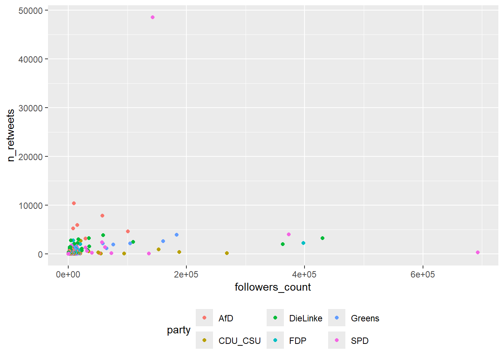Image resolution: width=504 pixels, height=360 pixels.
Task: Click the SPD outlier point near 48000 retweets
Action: (x=153, y=17)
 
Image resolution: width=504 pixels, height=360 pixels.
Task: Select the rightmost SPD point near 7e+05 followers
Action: (x=478, y=252)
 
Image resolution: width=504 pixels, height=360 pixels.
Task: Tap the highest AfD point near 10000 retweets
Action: (x=74, y=203)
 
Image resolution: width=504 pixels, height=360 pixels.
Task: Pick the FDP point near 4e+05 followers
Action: (x=303, y=243)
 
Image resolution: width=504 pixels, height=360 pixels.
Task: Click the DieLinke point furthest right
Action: (x=322, y=238)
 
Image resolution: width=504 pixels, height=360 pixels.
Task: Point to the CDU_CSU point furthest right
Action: (x=227, y=253)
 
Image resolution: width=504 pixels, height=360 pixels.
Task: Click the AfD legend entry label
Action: (x=226, y=318)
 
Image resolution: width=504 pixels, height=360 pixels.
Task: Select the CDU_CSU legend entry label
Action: (x=239, y=341)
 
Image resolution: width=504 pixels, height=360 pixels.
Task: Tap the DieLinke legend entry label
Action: (x=306, y=318)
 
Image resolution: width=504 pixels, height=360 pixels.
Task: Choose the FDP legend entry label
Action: (x=298, y=341)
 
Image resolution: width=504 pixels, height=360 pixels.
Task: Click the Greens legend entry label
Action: (x=365, y=318)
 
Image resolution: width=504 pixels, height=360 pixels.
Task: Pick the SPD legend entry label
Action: (x=360, y=341)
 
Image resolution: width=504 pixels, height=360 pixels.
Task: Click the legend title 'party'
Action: (x=178, y=330)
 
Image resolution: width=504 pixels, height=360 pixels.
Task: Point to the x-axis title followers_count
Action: (x=273, y=287)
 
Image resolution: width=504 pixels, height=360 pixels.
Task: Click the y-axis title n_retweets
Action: (x=11, y=135)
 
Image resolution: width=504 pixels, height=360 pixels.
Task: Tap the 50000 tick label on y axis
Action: (x=30, y=11)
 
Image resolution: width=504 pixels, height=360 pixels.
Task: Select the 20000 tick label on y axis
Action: (x=30, y=157)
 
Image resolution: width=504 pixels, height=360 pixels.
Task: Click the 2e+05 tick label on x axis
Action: (x=186, y=274)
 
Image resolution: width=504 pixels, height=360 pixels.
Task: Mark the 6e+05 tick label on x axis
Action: (x=423, y=274)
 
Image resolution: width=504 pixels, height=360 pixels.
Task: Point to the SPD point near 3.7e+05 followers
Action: (x=289, y=234)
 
